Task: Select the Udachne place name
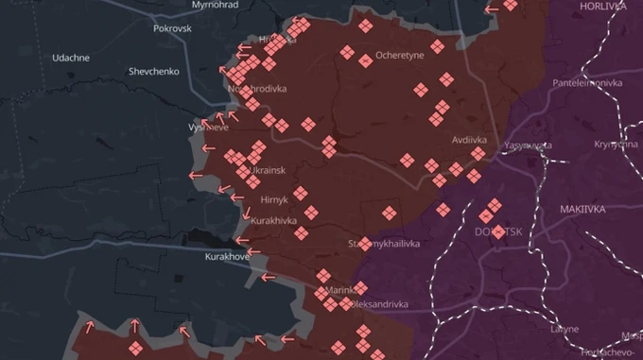71,58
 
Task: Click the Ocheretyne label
400,56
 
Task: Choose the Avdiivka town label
469,139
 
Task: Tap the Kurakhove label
227,256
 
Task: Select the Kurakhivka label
273,220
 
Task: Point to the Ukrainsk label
268,170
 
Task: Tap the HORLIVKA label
604,6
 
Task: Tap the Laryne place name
565,329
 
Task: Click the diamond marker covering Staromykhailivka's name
365,244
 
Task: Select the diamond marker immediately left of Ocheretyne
365,61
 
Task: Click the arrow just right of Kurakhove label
268,278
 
